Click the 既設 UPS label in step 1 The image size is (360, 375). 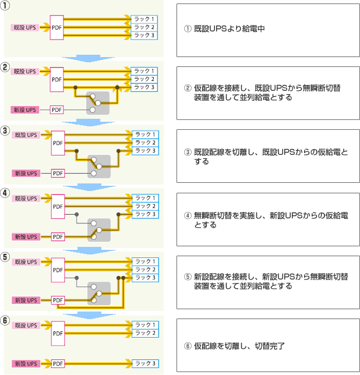[25, 27]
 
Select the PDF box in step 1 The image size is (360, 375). [57, 27]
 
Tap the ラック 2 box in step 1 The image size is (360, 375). [144, 27]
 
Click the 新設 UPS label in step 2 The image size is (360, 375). [25, 110]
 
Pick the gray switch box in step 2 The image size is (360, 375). [98, 103]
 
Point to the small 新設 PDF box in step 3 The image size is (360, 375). [58, 173]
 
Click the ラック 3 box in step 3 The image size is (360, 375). [145, 151]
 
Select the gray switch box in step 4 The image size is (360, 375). [99, 230]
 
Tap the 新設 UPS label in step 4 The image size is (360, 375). [26, 237]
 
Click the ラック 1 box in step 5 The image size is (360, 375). [145, 261]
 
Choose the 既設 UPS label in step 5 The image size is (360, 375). [26, 262]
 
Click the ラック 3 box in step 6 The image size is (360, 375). [145, 363]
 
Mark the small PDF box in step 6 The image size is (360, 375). [58, 363]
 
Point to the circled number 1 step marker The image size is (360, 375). [5, 5]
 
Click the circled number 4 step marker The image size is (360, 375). [5, 193]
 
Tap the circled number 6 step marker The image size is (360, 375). [5, 320]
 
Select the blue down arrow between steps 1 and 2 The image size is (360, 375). [89, 58]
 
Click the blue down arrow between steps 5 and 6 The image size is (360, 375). [90, 315]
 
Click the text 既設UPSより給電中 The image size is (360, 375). [229, 29]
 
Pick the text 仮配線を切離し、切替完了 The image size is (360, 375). [239, 346]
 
